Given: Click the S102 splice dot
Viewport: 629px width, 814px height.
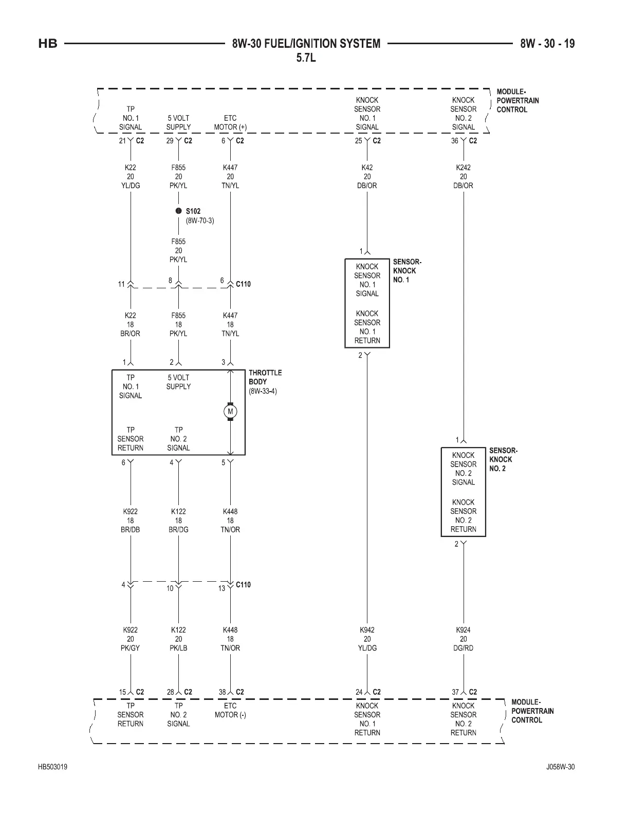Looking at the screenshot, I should [x=178, y=211].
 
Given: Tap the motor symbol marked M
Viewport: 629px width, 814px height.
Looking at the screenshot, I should [x=230, y=412].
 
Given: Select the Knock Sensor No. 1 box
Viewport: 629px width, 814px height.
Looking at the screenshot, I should [x=367, y=303].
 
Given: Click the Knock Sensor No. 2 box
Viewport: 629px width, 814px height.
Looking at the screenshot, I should [x=463, y=492].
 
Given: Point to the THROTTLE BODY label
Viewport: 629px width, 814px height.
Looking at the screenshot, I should [x=265, y=377].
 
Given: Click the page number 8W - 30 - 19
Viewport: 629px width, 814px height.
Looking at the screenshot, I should [x=547, y=44].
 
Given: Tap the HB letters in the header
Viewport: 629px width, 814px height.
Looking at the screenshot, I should [x=48, y=44].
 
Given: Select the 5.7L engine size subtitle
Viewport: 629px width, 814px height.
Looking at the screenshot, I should [x=306, y=58].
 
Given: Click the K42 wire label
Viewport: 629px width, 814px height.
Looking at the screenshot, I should [x=367, y=168].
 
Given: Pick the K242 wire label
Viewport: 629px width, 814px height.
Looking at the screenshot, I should [x=463, y=168].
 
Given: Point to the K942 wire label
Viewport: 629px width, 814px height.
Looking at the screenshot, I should [x=367, y=630].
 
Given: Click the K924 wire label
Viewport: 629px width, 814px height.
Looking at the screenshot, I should [x=463, y=630].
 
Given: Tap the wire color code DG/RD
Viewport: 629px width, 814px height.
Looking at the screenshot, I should [x=463, y=648].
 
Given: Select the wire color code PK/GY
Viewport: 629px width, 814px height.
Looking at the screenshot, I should [x=131, y=648].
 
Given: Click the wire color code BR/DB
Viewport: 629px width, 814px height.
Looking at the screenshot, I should [x=131, y=530].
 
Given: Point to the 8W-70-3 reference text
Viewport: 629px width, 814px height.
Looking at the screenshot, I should [x=200, y=220].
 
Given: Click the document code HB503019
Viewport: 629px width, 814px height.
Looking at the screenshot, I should [x=52, y=767].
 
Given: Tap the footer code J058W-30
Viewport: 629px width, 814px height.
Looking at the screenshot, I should [x=560, y=767].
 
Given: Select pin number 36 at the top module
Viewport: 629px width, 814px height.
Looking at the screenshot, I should [x=455, y=141].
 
